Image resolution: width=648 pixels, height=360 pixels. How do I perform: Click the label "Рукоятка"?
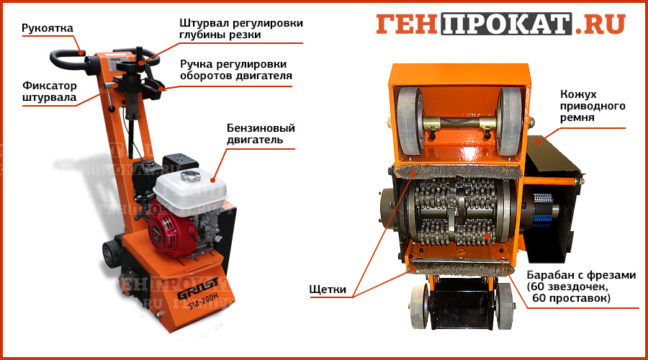tap(47, 28)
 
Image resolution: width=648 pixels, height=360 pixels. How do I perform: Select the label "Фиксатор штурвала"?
tap(49, 91)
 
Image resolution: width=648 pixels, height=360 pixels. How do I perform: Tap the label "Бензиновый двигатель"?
tap(261, 133)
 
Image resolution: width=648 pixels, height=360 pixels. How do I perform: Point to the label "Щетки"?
tap(328, 289)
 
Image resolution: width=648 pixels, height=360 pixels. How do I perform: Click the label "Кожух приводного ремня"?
tap(593, 106)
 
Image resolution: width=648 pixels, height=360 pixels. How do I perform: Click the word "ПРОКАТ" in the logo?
tap(506, 24)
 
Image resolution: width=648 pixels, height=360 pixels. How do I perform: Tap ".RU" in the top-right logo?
tap(600, 24)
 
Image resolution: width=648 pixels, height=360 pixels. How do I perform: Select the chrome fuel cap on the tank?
tap(191, 176)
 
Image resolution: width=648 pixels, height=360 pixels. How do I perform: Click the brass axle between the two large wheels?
tap(459, 123)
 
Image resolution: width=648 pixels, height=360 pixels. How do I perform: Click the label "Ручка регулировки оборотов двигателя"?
tap(236, 70)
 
